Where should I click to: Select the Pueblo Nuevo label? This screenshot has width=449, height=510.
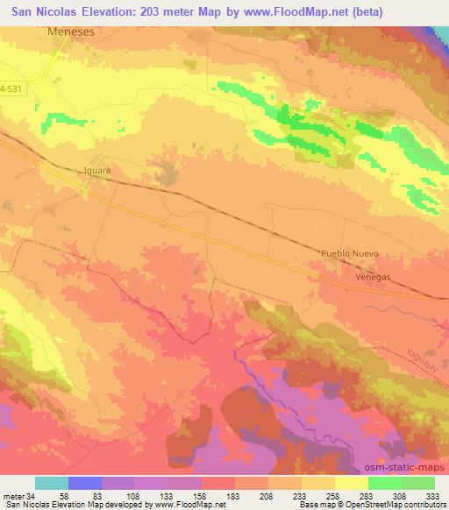(x=349, y=253)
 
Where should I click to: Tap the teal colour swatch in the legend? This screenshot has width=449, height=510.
(x=51, y=483)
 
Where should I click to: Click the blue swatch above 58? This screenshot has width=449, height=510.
(x=85, y=483)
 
